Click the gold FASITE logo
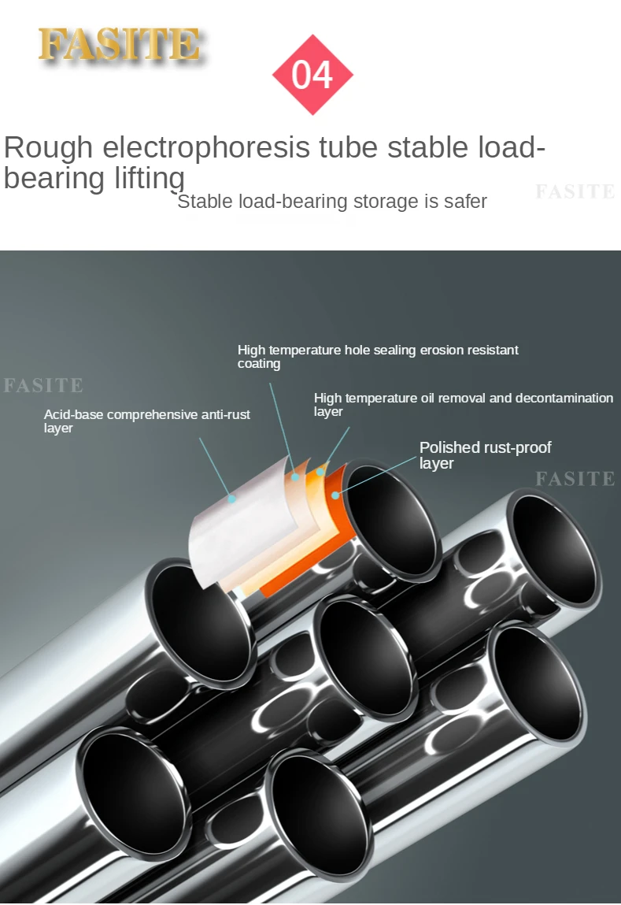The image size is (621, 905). click(118, 45)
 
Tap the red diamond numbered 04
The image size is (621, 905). click(312, 75)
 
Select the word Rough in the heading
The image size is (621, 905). click(48, 148)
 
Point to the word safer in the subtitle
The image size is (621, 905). click(465, 202)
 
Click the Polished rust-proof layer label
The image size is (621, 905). click(485, 455)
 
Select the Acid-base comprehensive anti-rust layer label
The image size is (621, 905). click(146, 421)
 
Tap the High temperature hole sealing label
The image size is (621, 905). click(378, 356)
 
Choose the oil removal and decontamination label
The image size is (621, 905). click(463, 404)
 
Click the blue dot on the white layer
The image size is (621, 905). click(231, 498)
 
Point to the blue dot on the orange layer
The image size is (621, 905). click(335, 495)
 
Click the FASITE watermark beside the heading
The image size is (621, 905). click(575, 191)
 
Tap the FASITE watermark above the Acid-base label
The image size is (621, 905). click(43, 385)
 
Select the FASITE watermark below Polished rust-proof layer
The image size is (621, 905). click(575, 478)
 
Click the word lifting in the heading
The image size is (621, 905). click(149, 178)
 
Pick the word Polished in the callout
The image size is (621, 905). click(449, 447)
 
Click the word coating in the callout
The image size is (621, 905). click(259, 364)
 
